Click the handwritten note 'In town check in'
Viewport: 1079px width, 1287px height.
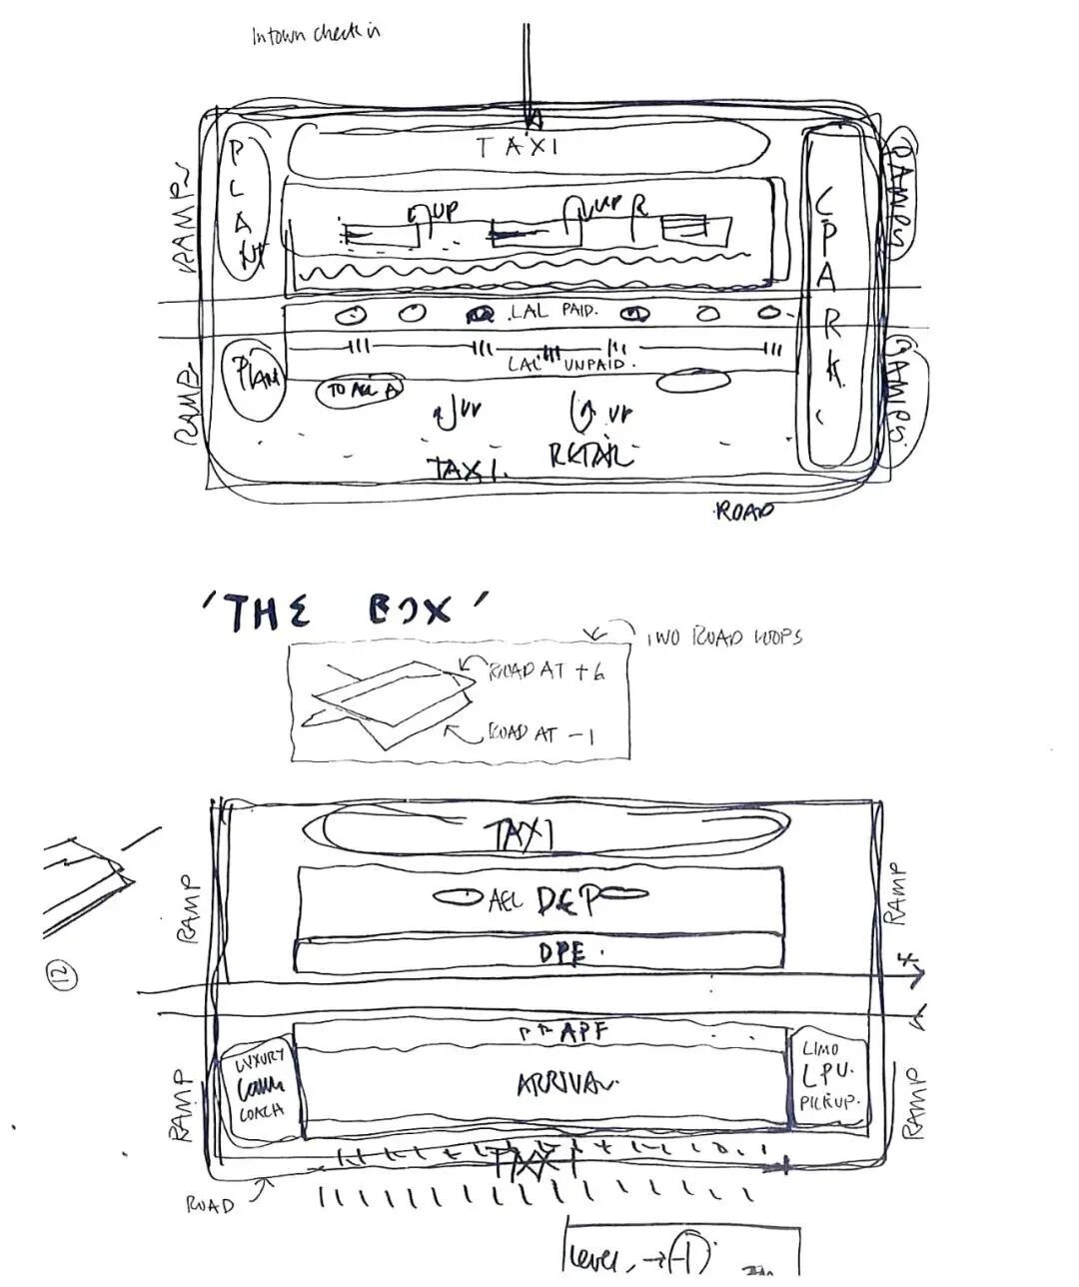(x=316, y=35)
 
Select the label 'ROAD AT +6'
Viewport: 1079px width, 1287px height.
(x=545, y=672)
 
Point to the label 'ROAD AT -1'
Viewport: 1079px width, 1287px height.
(x=540, y=734)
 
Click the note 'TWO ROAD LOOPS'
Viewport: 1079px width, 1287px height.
(x=724, y=637)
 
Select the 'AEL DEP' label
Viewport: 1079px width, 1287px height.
(x=544, y=900)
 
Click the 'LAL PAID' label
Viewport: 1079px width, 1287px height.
(x=552, y=312)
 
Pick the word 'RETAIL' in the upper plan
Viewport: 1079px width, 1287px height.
(x=591, y=456)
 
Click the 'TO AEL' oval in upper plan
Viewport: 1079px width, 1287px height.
(x=360, y=391)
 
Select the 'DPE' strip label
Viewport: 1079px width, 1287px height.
(x=560, y=953)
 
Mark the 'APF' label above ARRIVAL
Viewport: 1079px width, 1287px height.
(x=572, y=1032)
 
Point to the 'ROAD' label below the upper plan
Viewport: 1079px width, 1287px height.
(x=744, y=512)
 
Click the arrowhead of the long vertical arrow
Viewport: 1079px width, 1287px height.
(x=533, y=120)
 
